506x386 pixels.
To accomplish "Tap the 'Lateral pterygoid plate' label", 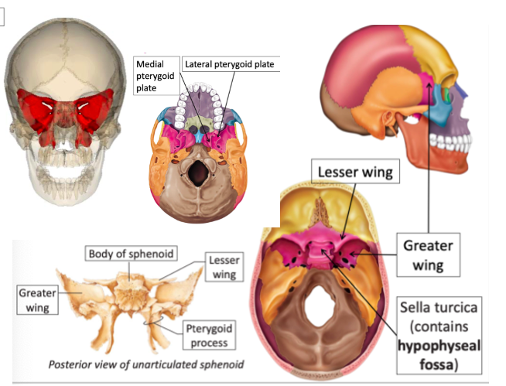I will (x=231, y=63).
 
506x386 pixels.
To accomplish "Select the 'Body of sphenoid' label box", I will (x=130, y=253).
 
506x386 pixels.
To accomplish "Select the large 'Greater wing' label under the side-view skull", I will (x=427, y=255).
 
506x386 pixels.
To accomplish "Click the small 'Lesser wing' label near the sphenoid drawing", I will (x=223, y=267).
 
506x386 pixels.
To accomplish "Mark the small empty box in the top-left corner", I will (x=4, y=16).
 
